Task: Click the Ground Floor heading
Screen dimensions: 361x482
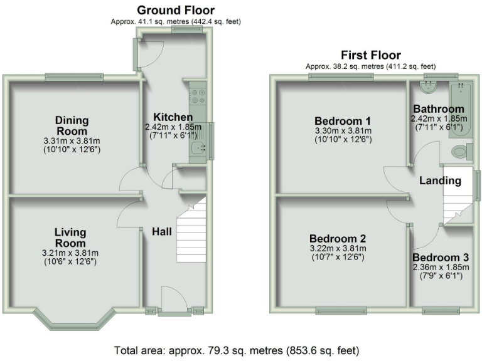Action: click(176, 10)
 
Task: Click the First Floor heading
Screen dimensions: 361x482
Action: click(370, 55)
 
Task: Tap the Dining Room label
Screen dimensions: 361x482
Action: click(72, 125)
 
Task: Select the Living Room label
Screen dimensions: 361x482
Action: click(70, 238)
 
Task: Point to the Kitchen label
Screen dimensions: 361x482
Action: click(173, 117)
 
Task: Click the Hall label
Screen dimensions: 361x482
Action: click(162, 232)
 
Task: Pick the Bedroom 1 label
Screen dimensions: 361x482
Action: click(343, 121)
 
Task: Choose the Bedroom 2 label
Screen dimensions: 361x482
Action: click(338, 239)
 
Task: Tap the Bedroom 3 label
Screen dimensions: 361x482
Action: click(441, 258)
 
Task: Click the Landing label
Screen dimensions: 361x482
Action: click(441, 181)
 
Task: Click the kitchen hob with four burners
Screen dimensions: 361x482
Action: click(198, 97)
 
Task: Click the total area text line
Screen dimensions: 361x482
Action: click(237, 350)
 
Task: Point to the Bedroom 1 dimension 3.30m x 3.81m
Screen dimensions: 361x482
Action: click(343, 131)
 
